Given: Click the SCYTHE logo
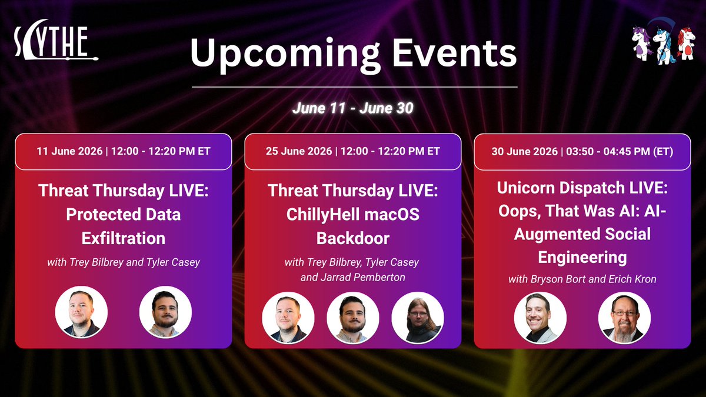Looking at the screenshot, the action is click(56, 41).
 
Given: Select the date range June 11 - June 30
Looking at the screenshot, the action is click(352, 108).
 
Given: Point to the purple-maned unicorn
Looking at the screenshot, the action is click(641, 44).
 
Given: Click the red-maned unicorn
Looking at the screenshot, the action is click(686, 44).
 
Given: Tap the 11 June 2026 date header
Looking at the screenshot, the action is click(123, 151).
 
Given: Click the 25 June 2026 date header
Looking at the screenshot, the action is click(352, 151).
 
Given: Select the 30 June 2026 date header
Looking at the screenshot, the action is click(582, 152).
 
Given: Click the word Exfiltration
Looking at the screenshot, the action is click(123, 238).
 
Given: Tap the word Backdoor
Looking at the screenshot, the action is click(352, 238).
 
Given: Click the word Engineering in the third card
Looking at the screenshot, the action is click(582, 258).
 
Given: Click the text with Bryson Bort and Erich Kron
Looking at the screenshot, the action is click(582, 279).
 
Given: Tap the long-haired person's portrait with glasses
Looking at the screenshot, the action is click(418, 318).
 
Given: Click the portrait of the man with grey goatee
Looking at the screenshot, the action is click(624, 318).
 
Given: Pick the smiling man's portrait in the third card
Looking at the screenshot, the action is click(540, 318).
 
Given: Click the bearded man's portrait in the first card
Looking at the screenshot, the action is click(165, 312).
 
